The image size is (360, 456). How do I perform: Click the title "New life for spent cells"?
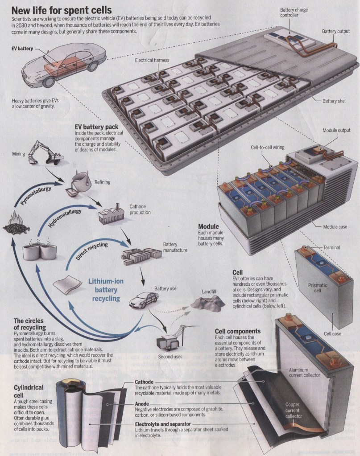click(62, 10)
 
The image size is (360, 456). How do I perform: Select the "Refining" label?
click(103, 182)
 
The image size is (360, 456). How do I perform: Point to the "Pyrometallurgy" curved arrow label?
click(36, 195)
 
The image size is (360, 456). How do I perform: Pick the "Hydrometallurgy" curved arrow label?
click(65, 218)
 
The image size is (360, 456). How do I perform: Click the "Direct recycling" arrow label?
click(92, 251)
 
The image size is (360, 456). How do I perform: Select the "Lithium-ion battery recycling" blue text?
click(106, 290)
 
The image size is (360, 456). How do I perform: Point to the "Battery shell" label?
click(335, 101)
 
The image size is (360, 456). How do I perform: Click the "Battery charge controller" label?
click(294, 12)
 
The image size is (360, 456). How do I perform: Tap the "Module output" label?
click(336, 130)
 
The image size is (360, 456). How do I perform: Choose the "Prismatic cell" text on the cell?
click(318, 288)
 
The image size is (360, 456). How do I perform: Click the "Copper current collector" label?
click(293, 411)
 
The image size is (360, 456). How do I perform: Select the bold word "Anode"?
click(142, 404)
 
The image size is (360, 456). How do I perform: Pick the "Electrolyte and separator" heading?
click(163, 424)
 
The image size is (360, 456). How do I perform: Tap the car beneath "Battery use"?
click(144, 300)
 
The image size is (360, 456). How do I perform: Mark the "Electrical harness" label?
click(152, 60)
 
